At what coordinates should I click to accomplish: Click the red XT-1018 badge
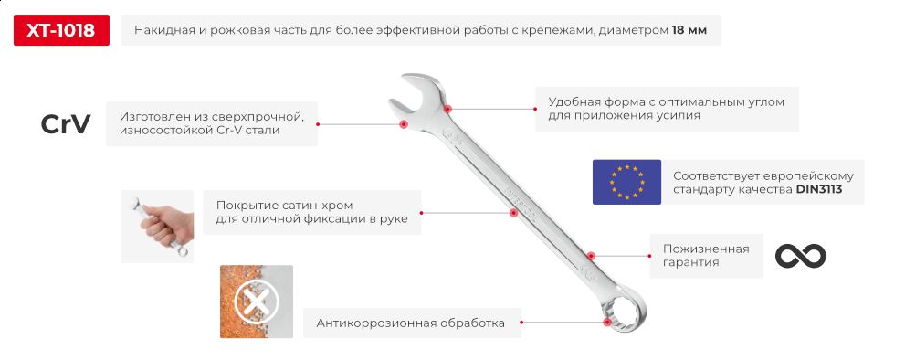pos(61,30)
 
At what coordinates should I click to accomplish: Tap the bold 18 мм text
pos(689,31)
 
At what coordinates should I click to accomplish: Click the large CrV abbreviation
pos(66,125)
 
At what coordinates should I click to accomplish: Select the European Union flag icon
pos(626,181)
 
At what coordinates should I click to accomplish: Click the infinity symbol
pos(800,256)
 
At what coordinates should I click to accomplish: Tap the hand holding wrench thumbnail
pos(157,226)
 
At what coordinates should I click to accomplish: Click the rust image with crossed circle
pos(256,302)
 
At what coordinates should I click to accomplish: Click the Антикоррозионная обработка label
pos(410,323)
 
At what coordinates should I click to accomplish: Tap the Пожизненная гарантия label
pos(700,255)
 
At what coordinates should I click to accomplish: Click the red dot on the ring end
pos(607,321)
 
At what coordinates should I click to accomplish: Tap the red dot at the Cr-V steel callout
pos(403,123)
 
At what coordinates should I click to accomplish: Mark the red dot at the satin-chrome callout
pos(514,213)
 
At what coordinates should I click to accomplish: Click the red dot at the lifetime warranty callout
pos(592,256)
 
